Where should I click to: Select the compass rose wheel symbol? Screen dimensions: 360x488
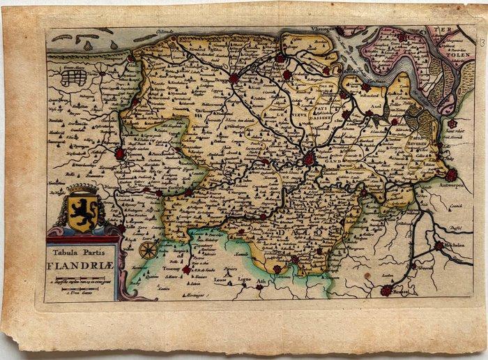pyautogui.click(x=147, y=249)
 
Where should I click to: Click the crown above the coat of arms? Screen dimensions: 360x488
pyautogui.click(x=82, y=190)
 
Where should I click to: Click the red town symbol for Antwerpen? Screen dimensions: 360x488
pyautogui.click(x=451, y=174)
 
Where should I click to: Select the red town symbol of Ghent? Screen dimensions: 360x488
pyautogui.click(x=309, y=159)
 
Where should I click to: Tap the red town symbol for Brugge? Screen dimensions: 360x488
pyautogui.click(x=234, y=78)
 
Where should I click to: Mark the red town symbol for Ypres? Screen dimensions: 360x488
pyautogui.click(x=120, y=153)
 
